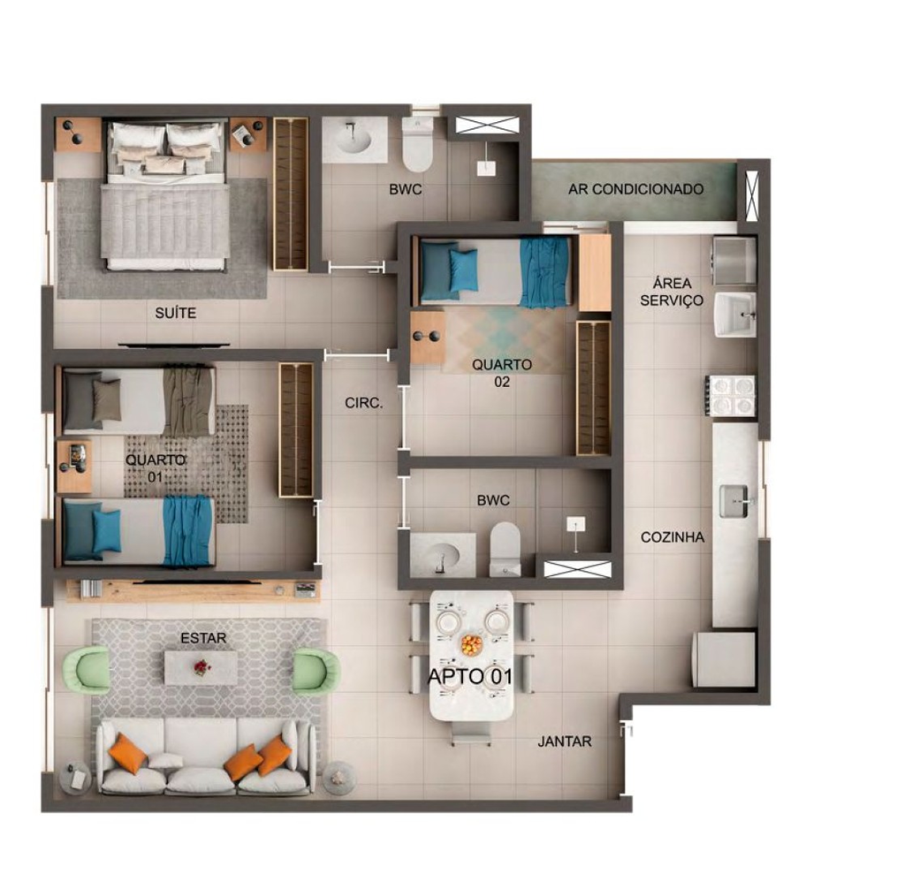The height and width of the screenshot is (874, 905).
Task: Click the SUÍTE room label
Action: click(x=176, y=313)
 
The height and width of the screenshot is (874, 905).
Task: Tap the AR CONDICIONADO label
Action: click(x=635, y=189)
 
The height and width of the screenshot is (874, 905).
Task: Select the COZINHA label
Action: click(x=673, y=537)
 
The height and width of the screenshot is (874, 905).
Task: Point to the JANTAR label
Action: click(x=565, y=741)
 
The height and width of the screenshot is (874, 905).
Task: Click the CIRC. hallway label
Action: click(x=363, y=403)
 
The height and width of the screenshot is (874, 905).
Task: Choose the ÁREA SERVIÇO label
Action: click(x=672, y=292)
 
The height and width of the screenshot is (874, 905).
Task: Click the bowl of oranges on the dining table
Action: click(x=472, y=643)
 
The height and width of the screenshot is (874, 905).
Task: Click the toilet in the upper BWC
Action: click(x=417, y=145)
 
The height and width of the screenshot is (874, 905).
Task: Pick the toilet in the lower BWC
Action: click(x=505, y=550)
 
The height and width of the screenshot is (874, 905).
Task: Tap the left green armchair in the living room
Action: click(x=87, y=669)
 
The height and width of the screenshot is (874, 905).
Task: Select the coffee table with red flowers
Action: click(x=201, y=668)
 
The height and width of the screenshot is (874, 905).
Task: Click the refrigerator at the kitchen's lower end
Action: click(x=725, y=658)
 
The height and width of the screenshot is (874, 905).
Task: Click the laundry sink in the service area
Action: click(x=735, y=314)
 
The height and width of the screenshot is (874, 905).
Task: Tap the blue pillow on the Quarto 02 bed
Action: click(x=463, y=270)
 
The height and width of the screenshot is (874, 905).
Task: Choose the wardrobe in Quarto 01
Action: click(x=296, y=430)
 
